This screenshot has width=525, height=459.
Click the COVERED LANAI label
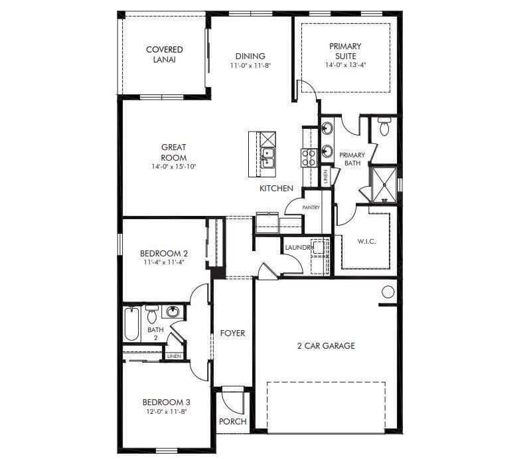click(x=164, y=54)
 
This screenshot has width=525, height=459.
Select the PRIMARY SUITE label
click(x=346, y=51)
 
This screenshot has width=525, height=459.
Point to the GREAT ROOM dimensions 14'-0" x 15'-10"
click(x=173, y=167)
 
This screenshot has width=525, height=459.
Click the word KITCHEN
click(x=276, y=189)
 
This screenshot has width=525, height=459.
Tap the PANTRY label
click(x=311, y=207)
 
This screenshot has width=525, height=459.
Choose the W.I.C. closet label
click(x=366, y=241)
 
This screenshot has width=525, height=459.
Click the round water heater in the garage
click(x=388, y=291)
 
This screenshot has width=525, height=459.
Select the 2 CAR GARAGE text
click(x=325, y=345)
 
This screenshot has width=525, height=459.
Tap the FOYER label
click(x=232, y=333)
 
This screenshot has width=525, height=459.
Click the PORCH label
click(x=232, y=422)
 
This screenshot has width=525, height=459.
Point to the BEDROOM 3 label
click(x=167, y=402)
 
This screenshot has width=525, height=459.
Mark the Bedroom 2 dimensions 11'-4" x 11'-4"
click(x=164, y=262)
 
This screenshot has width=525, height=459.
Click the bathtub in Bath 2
click(x=131, y=325)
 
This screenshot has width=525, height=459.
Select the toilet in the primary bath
click(x=384, y=126)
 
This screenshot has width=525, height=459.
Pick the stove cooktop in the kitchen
click(x=309, y=157)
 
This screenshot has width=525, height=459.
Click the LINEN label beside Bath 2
click(x=174, y=357)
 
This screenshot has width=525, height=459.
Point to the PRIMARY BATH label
click(x=352, y=159)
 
